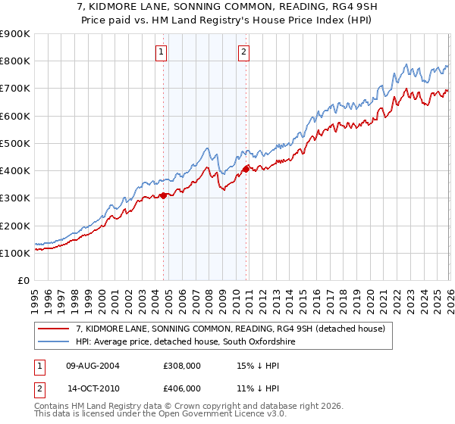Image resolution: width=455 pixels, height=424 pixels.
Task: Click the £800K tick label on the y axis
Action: (15, 61)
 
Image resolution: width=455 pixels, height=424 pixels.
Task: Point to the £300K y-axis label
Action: (15, 198)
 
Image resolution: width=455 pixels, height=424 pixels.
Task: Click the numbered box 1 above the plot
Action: (162, 52)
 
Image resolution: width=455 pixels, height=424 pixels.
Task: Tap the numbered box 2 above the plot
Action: (243, 52)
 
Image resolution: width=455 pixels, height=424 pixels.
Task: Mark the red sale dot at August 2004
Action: (163, 196)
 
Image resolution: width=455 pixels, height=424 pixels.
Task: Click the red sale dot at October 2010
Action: (246, 169)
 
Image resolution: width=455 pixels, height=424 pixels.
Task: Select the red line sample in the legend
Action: (55, 329)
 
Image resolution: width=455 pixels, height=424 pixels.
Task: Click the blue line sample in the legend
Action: (55, 342)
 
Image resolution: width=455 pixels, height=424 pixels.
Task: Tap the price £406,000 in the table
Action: (181, 388)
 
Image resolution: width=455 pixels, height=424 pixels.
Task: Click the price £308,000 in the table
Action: (181, 365)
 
